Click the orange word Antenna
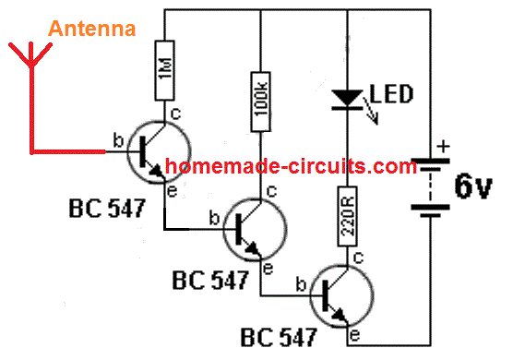[x=92, y=29]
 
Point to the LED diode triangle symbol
[x=347, y=95]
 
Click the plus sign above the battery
[x=444, y=146]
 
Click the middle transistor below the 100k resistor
[x=249, y=226]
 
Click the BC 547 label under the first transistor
[x=106, y=209]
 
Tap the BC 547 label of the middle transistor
[x=209, y=280]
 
